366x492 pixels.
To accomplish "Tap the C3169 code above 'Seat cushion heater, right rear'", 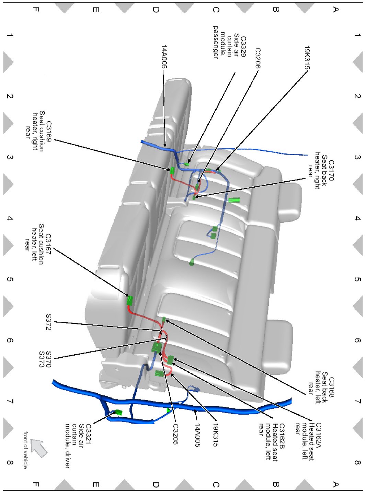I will click(x=49, y=130).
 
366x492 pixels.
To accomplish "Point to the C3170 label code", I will click(x=331, y=170).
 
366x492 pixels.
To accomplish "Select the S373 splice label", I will click(x=42, y=359).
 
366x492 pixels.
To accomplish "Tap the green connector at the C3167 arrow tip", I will click(x=129, y=300).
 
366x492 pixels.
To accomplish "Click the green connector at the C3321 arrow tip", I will click(x=118, y=412).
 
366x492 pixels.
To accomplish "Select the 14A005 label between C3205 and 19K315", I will click(x=197, y=435).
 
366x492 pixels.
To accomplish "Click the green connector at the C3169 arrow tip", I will click(x=172, y=170).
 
